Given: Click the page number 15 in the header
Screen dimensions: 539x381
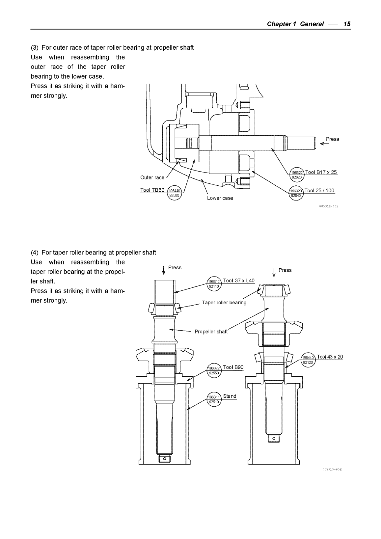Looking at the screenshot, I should [x=347, y=24].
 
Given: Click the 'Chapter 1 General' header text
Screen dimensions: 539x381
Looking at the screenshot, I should [x=295, y=24].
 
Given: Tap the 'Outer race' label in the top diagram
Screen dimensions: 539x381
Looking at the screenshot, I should [x=152, y=178].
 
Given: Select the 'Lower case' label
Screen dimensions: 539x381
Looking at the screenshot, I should [x=220, y=198].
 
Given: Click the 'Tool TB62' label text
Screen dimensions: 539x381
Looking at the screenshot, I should [x=152, y=190].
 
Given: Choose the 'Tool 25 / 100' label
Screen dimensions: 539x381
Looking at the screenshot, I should [x=319, y=191].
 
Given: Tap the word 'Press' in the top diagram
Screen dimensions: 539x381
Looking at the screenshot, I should [x=332, y=139].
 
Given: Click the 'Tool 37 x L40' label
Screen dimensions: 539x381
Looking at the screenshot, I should [x=239, y=281].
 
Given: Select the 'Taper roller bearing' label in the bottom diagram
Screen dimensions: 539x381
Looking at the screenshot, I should [x=224, y=303].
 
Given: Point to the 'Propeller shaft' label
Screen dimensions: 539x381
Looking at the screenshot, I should [x=211, y=332].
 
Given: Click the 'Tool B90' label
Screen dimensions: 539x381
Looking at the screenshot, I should [x=233, y=367].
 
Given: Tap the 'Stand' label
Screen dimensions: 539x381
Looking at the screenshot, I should [x=230, y=396].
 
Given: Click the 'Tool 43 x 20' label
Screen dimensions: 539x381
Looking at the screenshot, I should [x=330, y=357].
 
